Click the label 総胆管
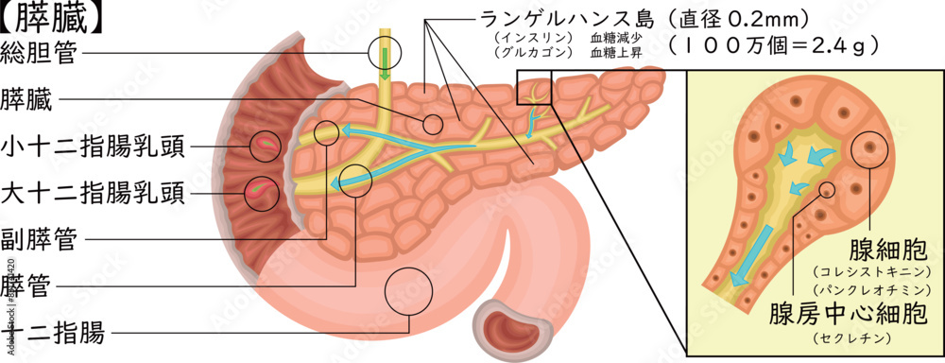click(41, 52)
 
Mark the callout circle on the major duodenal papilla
click(263, 193)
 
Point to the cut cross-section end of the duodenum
click(510, 326)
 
